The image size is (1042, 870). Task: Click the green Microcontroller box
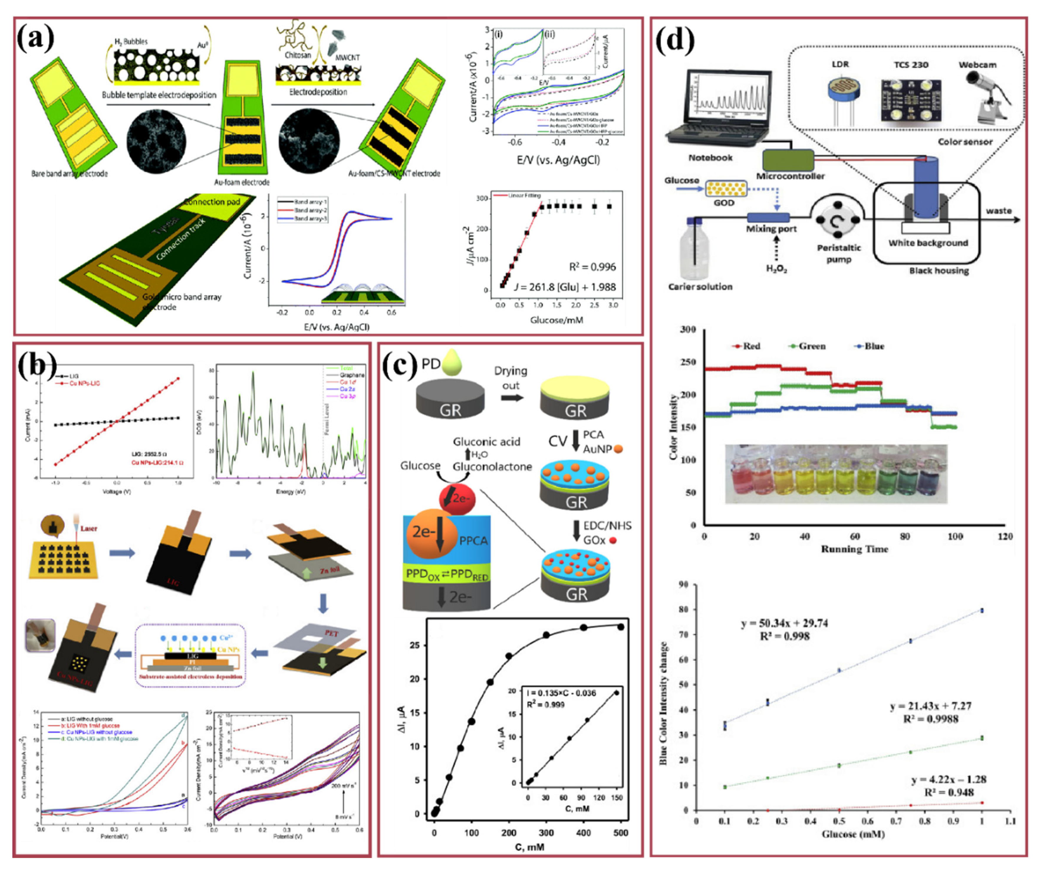(x=788, y=160)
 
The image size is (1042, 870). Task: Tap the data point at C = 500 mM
(x=620, y=627)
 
